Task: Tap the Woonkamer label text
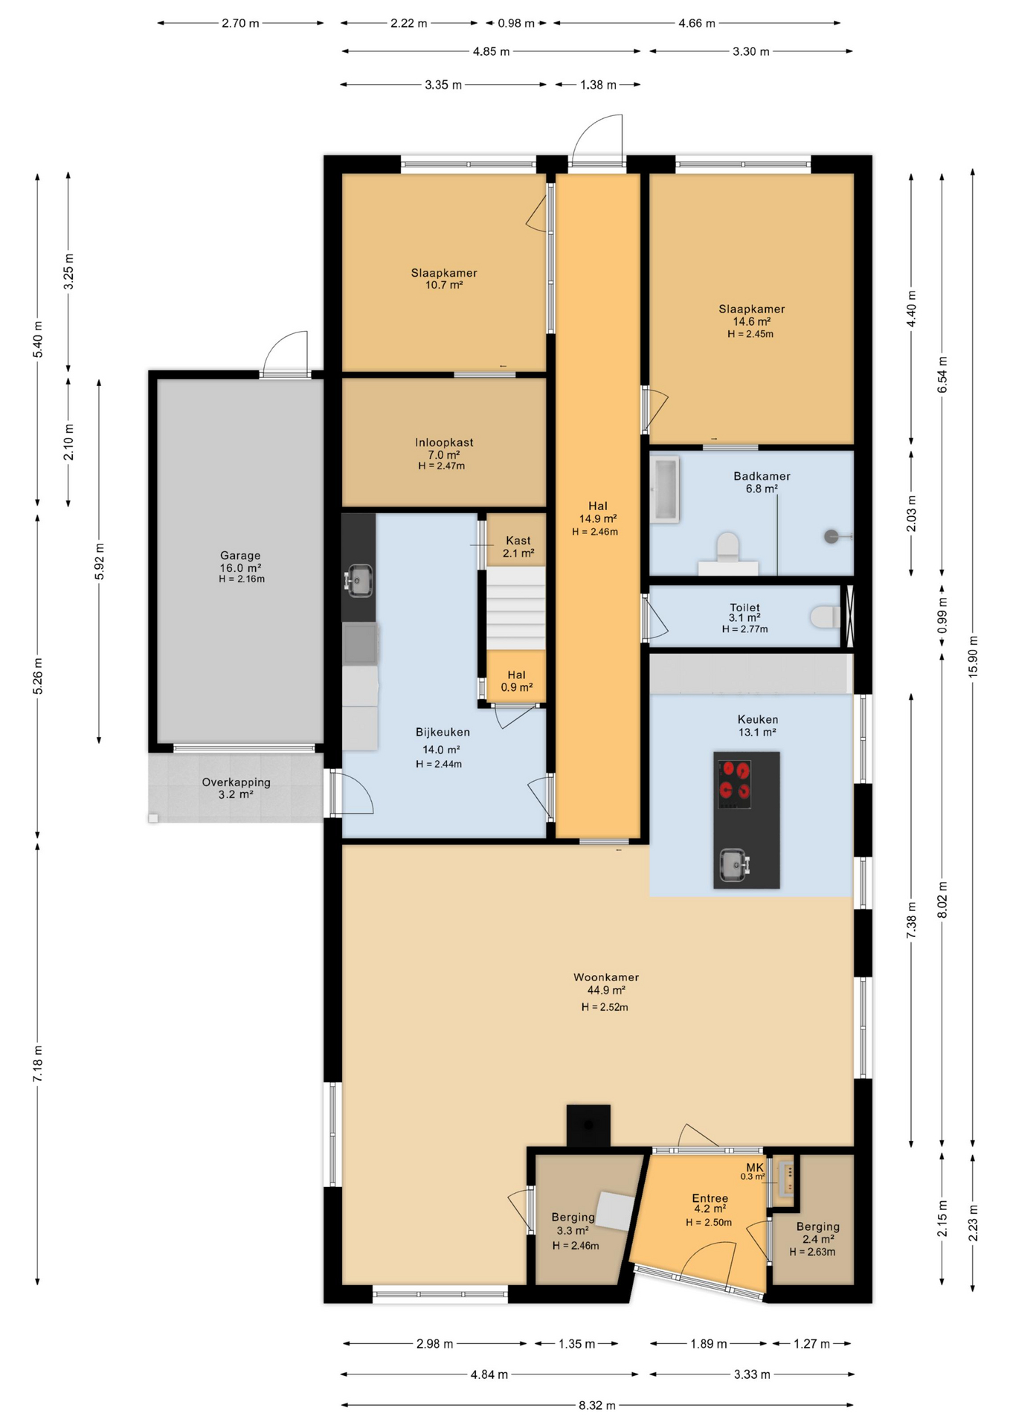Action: tap(606, 977)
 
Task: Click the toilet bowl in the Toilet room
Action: tap(825, 617)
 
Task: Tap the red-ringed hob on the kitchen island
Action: tap(735, 784)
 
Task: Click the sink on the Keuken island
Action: tap(735, 864)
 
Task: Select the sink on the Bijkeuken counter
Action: tap(359, 580)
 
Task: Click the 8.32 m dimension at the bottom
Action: tap(597, 1405)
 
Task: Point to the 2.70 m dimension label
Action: tap(240, 23)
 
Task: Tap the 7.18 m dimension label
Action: tap(37, 1064)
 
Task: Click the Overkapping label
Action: tap(236, 782)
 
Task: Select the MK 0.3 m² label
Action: tap(754, 1171)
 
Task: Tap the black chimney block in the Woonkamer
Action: tap(588, 1125)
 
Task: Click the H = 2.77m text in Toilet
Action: tap(744, 629)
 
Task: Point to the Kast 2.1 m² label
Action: tap(518, 547)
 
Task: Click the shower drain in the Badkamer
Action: tap(832, 536)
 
